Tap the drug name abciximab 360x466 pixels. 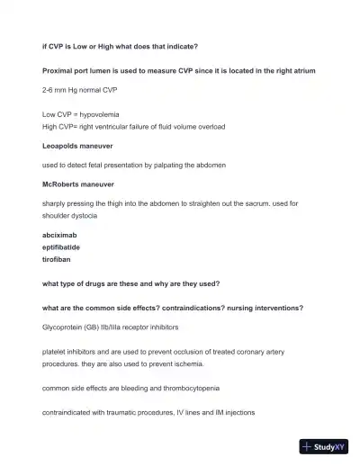(60, 235)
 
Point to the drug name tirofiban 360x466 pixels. (57, 258)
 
